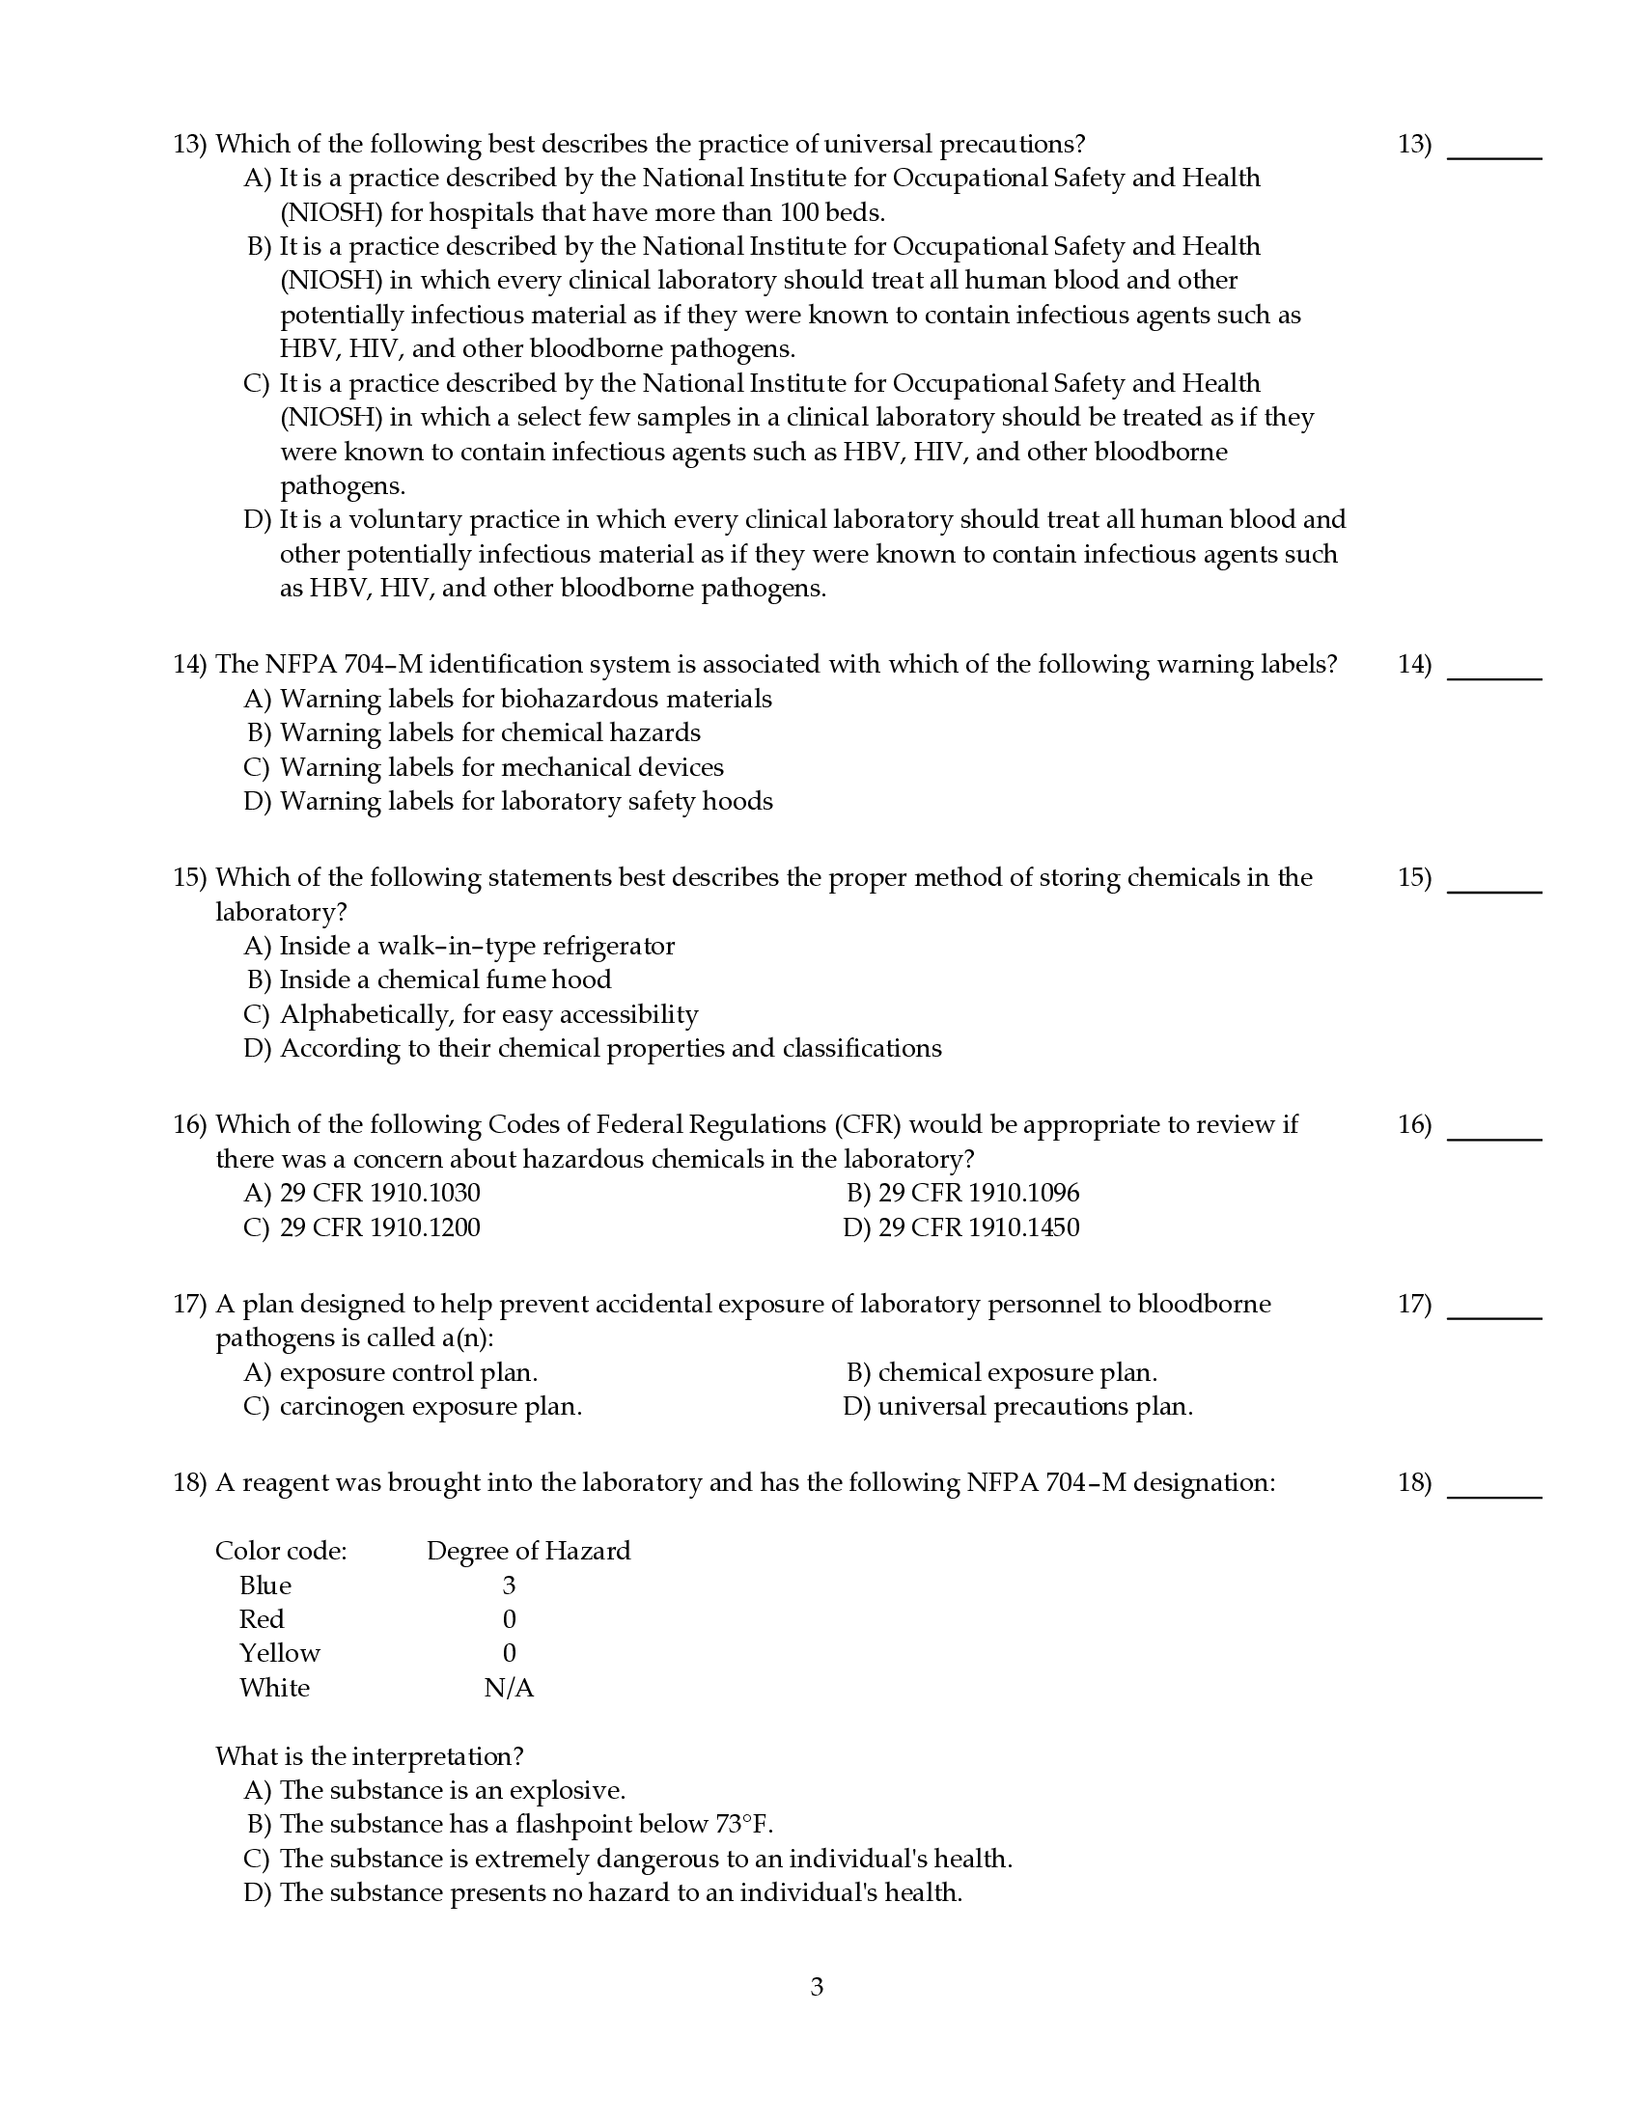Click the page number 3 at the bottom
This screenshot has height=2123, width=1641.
[817, 1986]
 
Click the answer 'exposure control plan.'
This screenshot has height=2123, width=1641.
[408, 1372]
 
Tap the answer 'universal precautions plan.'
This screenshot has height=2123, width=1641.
[1035, 1407]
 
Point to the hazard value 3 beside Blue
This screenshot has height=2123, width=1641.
[509, 1585]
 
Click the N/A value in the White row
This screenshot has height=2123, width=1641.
[509, 1688]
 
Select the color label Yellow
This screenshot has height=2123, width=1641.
[280, 1652]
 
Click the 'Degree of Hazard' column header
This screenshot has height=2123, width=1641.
[528, 1551]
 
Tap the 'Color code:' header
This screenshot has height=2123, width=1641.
[281, 1551]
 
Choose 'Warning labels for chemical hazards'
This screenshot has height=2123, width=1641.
[490, 732]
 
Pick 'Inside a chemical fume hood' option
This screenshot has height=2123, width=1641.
[445, 979]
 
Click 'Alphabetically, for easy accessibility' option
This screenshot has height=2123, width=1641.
[489, 1014]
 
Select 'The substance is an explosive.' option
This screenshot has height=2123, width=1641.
[452, 1789]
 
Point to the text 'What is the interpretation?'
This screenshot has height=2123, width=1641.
[370, 1755]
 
